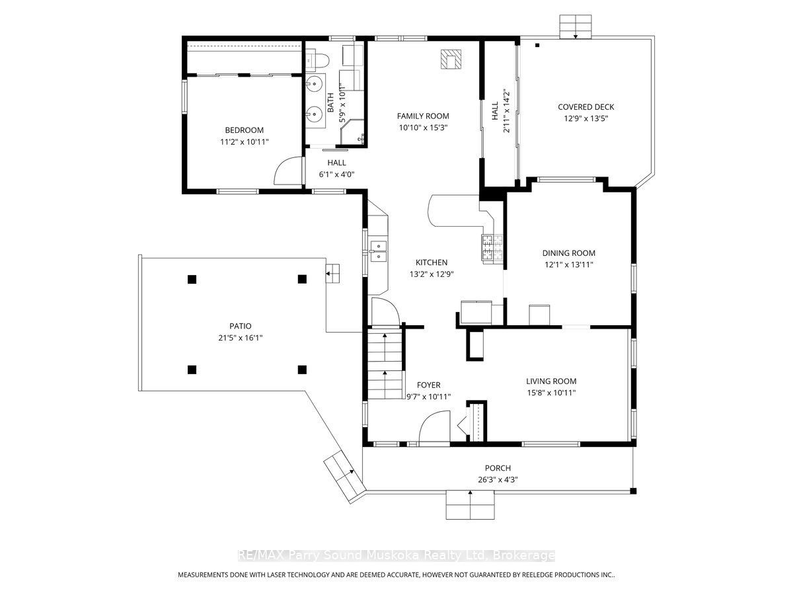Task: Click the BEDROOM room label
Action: (x=244, y=130)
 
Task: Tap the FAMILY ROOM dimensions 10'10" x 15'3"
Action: (x=423, y=128)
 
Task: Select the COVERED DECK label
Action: (x=585, y=107)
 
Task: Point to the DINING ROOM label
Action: (x=569, y=253)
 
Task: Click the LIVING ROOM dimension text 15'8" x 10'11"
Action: (x=551, y=392)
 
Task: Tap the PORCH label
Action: (x=498, y=468)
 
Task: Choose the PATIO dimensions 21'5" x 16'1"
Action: (x=241, y=338)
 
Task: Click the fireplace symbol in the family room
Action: (x=451, y=59)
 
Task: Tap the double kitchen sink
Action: (x=378, y=251)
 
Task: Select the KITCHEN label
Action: (x=432, y=262)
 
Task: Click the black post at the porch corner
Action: (x=633, y=491)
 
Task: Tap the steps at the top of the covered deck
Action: (x=575, y=26)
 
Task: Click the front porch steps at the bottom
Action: (x=470, y=504)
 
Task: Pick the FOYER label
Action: (x=428, y=385)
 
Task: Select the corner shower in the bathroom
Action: (x=352, y=132)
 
